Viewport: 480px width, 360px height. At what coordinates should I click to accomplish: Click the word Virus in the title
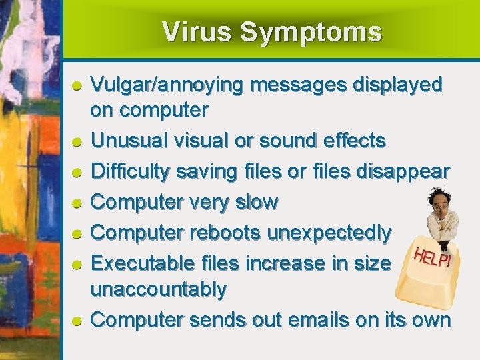click(197, 32)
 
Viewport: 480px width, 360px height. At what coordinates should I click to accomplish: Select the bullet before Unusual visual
click(77, 141)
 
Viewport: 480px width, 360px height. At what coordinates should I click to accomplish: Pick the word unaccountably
click(159, 289)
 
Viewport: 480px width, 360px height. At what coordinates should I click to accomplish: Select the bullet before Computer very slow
click(77, 203)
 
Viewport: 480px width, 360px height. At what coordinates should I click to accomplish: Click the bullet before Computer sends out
click(77, 321)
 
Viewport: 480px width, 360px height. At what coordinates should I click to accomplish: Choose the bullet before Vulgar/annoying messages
click(77, 85)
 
